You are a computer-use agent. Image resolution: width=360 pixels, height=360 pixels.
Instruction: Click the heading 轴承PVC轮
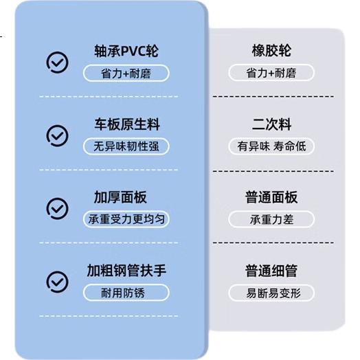pos(126,51)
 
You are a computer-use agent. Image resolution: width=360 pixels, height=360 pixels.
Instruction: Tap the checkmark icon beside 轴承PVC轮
pos(58,63)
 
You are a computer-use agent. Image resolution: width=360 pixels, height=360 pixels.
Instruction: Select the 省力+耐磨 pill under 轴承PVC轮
pos(126,74)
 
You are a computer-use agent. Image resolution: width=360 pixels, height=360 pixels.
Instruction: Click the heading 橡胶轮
pos(271,51)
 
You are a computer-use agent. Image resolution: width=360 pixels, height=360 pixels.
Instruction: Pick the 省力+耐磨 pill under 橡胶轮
pos(271,73)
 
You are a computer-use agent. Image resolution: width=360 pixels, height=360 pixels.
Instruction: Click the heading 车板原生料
pos(127,124)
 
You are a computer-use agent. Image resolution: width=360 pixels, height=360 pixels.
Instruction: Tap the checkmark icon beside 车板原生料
pos(58,136)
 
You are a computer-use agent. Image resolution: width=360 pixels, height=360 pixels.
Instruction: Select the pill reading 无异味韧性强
pos(126,146)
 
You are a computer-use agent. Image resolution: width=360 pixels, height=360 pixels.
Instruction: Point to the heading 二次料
pos(271,124)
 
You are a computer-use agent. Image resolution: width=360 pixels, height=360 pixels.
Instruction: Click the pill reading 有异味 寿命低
pos(271,146)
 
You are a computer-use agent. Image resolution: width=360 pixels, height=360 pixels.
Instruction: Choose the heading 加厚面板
pos(120,197)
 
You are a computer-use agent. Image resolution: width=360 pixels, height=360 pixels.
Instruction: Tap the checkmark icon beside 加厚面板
pos(58,208)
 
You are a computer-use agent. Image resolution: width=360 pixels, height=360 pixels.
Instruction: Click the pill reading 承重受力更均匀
pos(126,219)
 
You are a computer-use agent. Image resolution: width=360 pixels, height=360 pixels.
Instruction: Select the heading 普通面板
pos(271,197)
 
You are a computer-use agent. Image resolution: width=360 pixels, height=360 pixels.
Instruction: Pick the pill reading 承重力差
pos(271,219)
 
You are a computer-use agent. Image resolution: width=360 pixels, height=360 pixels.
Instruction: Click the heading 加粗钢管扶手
pos(126,271)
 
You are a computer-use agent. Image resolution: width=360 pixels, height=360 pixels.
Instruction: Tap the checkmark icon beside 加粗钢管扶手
pos(58,282)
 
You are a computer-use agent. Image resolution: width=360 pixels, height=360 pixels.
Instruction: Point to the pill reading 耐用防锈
pos(126,293)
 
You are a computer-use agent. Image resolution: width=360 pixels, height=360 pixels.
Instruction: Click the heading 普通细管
pos(271,271)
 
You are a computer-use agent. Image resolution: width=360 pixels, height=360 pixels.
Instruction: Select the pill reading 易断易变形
pos(271,293)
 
